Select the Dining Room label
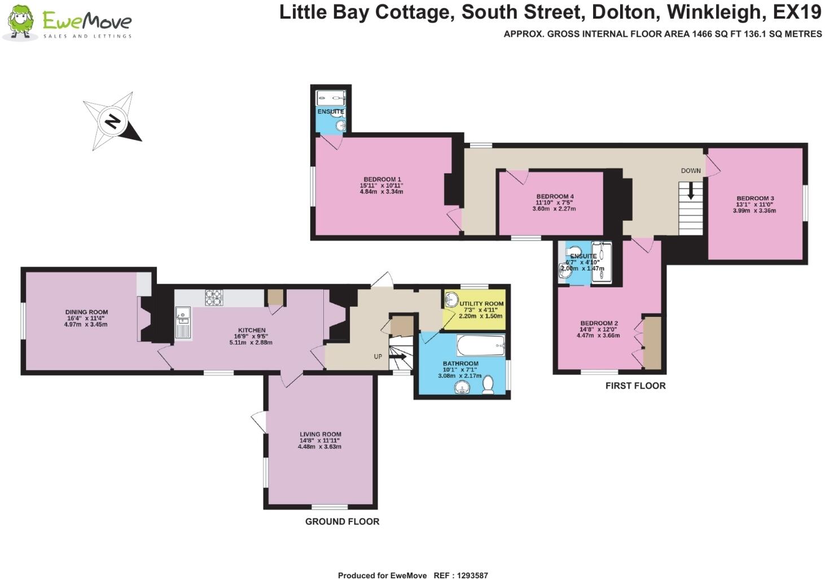tap(86, 312)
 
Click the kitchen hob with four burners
tap(214, 298)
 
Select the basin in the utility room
tap(451, 300)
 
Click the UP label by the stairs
tap(378, 357)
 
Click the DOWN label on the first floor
tap(691, 171)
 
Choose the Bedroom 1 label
tap(382, 180)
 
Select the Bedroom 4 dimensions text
tap(554, 206)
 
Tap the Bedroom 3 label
tap(755, 198)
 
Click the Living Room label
tap(320, 434)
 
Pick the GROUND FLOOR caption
tap(342, 521)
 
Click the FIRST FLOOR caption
tap(635, 386)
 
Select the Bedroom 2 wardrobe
tap(652, 343)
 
